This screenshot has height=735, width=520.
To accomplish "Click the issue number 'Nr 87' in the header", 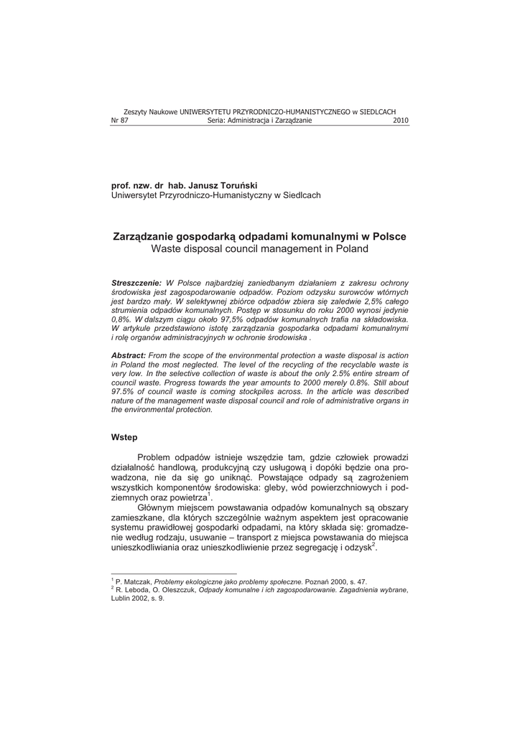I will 119,121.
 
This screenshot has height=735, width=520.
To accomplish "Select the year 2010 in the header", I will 401,121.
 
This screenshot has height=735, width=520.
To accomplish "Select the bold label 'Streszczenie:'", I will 136,284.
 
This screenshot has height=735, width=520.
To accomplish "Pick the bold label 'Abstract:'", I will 129,355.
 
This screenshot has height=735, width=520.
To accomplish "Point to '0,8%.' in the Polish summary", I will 121,319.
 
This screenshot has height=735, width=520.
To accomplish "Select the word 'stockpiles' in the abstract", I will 270,392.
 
